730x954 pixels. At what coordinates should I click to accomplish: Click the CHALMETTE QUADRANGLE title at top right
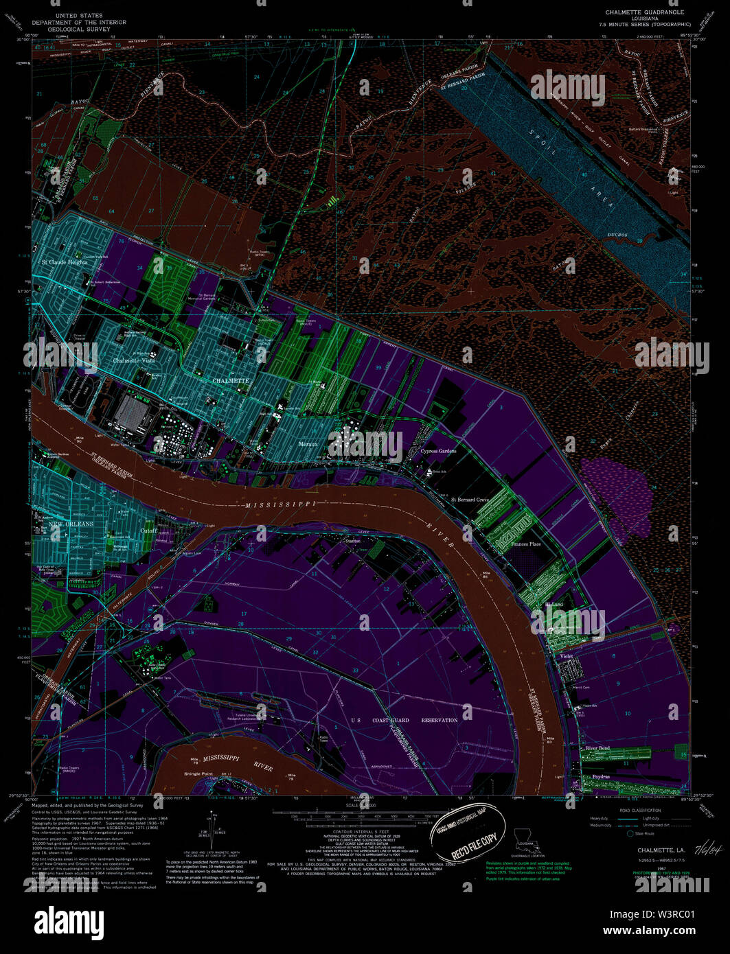pos(644,12)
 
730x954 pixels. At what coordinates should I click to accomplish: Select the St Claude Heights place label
pos(64,262)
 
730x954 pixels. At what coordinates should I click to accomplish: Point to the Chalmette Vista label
pos(133,360)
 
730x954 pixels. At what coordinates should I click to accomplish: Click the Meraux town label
pos(308,444)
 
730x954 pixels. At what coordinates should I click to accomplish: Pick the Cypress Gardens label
pos(438,451)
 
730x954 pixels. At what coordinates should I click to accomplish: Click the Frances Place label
pos(525,544)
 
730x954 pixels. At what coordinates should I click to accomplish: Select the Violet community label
pos(567,657)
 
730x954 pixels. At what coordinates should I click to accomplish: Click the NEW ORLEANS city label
pos(71,524)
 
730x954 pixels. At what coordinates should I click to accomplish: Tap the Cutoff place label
pos(148,531)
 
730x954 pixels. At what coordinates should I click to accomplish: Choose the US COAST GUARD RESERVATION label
pos(404,720)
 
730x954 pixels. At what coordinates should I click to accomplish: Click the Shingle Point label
pos(198,773)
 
